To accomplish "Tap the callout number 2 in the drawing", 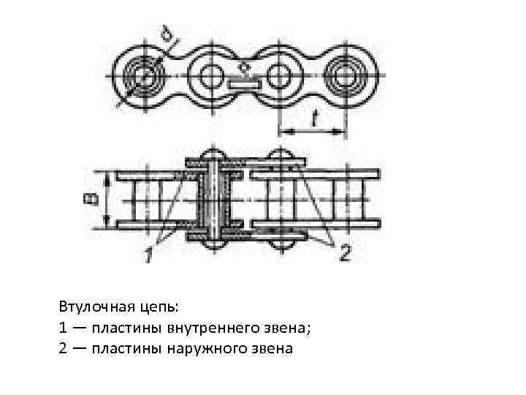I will click(x=344, y=252).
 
